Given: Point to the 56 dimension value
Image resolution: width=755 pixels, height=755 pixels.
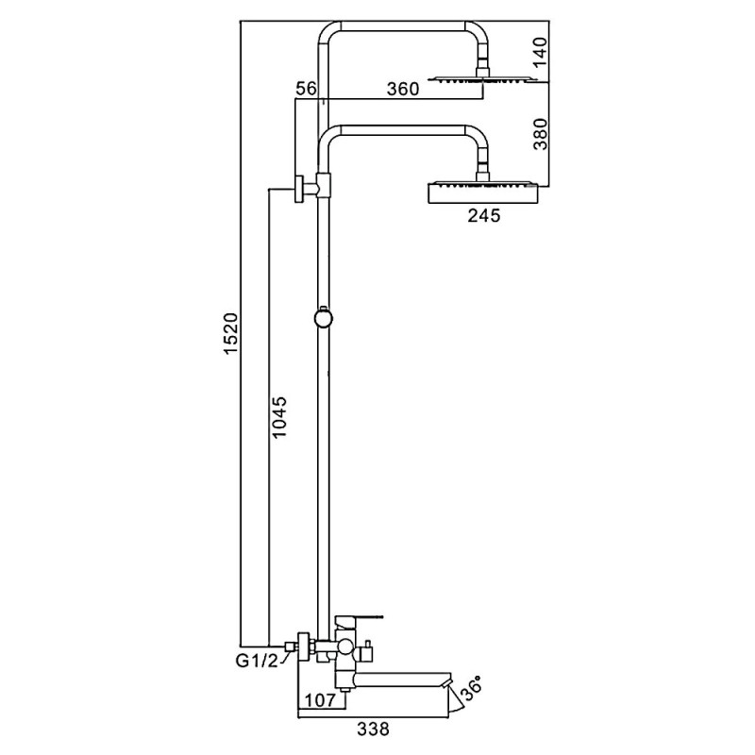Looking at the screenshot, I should click(305, 89).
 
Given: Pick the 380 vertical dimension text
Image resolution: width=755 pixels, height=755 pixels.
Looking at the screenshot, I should click(540, 133).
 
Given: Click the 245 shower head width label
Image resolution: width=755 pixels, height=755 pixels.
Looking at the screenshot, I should click(483, 216).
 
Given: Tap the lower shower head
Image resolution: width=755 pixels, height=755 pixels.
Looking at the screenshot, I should click(483, 193).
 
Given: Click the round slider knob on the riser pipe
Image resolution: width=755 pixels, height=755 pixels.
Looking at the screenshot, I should click(324, 318).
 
